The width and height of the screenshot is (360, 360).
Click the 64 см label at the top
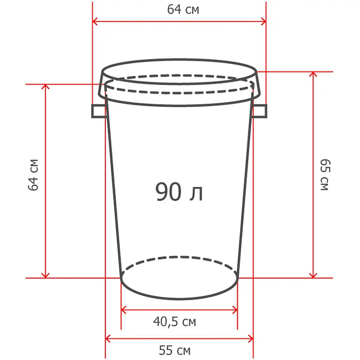coord(183,9)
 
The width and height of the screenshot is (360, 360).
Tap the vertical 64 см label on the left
coord(33,175)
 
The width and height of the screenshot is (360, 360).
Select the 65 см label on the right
coord(325,175)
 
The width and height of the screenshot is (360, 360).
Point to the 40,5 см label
coord(175,321)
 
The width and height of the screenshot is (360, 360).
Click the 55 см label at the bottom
coord(175,351)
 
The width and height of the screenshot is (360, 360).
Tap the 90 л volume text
coord(179,192)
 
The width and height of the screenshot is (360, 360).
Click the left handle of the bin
coord(99,111)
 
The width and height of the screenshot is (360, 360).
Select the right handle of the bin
coord(260,111)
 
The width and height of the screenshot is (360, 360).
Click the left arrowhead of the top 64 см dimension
coord(95,22)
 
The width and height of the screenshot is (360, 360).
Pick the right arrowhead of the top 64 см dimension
coord(264,22)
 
